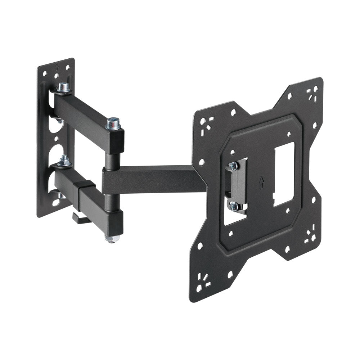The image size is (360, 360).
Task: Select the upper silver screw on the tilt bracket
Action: pos(233,166)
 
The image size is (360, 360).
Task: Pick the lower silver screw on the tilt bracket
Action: pos(234,206)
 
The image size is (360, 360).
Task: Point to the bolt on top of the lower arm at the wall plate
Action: pos(65,161)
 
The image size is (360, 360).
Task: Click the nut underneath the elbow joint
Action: pos(112,239)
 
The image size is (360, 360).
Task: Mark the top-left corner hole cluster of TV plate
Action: pos(206,122)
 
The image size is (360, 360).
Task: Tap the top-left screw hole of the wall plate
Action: pos(45,73)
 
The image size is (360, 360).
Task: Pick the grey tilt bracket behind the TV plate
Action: pos(238,185)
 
